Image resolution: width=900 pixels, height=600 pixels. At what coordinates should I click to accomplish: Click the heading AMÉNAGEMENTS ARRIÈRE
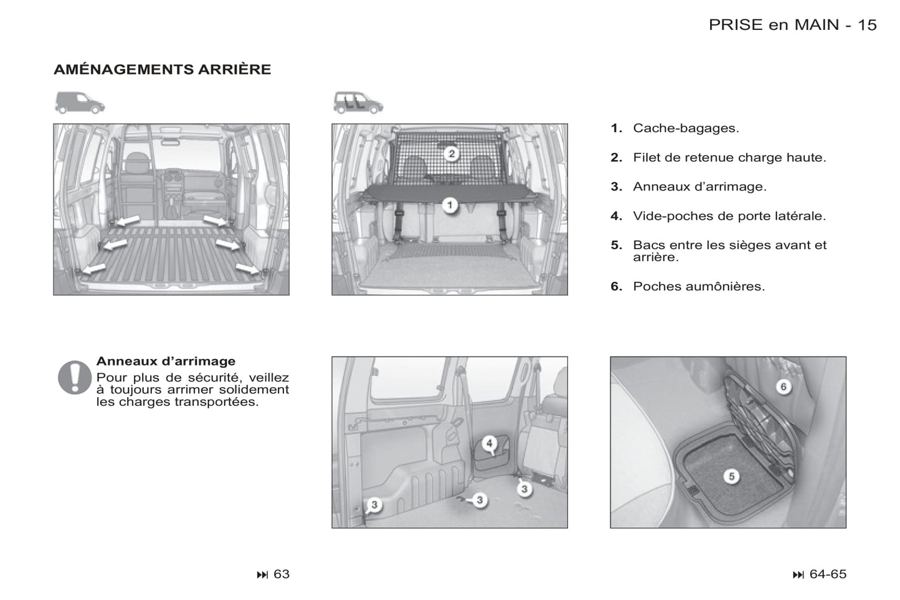[x=162, y=69]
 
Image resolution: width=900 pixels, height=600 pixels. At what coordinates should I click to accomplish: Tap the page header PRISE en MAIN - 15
[x=792, y=25]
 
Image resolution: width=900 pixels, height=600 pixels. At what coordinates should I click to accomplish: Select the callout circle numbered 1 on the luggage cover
[x=450, y=205]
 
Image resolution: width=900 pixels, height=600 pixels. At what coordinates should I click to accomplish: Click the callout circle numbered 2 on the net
[x=452, y=153]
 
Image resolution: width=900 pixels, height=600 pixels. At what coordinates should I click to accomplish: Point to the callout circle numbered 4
[x=490, y=443]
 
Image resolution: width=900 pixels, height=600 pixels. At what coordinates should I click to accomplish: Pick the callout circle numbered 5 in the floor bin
[x=731, y=477]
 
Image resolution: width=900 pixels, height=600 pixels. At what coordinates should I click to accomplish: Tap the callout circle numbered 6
[x=784, y=387]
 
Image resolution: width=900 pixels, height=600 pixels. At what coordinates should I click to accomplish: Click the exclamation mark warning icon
[x=74, y=377]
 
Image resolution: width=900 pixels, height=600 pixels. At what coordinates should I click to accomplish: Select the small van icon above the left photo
[x=80, y=103]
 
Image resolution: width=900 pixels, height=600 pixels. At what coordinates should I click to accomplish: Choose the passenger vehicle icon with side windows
[x=358, y=103]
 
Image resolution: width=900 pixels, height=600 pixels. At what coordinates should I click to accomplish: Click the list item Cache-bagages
[x=686, y=128]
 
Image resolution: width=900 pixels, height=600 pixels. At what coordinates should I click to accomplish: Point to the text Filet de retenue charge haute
[x=729, y=157]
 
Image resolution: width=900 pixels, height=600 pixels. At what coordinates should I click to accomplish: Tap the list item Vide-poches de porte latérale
[x=729, y=216]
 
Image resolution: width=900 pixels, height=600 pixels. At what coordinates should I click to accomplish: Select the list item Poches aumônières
[x=699, y=286]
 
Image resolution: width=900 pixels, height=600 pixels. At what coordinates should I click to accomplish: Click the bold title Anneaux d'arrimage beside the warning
[x=166, y=361]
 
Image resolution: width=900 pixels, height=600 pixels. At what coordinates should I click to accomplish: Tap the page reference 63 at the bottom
[x=282, y=574]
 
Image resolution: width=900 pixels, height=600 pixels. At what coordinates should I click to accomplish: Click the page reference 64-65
[x=828, y=574]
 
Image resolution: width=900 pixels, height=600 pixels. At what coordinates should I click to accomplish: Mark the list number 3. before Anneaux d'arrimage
[x=616, y=187]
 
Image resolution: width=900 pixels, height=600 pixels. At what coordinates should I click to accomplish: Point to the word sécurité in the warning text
[x=214, y=378]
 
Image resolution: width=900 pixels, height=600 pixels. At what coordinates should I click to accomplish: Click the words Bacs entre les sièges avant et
[x=730, y=245]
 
